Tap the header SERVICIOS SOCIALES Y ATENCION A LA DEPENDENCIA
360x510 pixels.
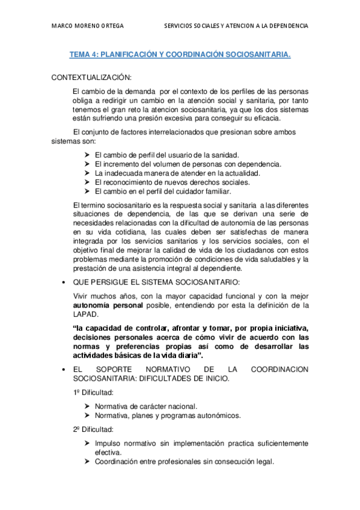pyautogui.click(x=236, y=26)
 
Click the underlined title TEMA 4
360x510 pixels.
pyautogui.click(x=180, y=55)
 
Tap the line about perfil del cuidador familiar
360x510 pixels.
pyautogui.click(x=163, y=191)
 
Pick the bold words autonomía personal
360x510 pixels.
pyautogui.click(x=108, y=306)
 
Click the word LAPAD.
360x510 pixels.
pyautogui.click(x=84, y=315)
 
